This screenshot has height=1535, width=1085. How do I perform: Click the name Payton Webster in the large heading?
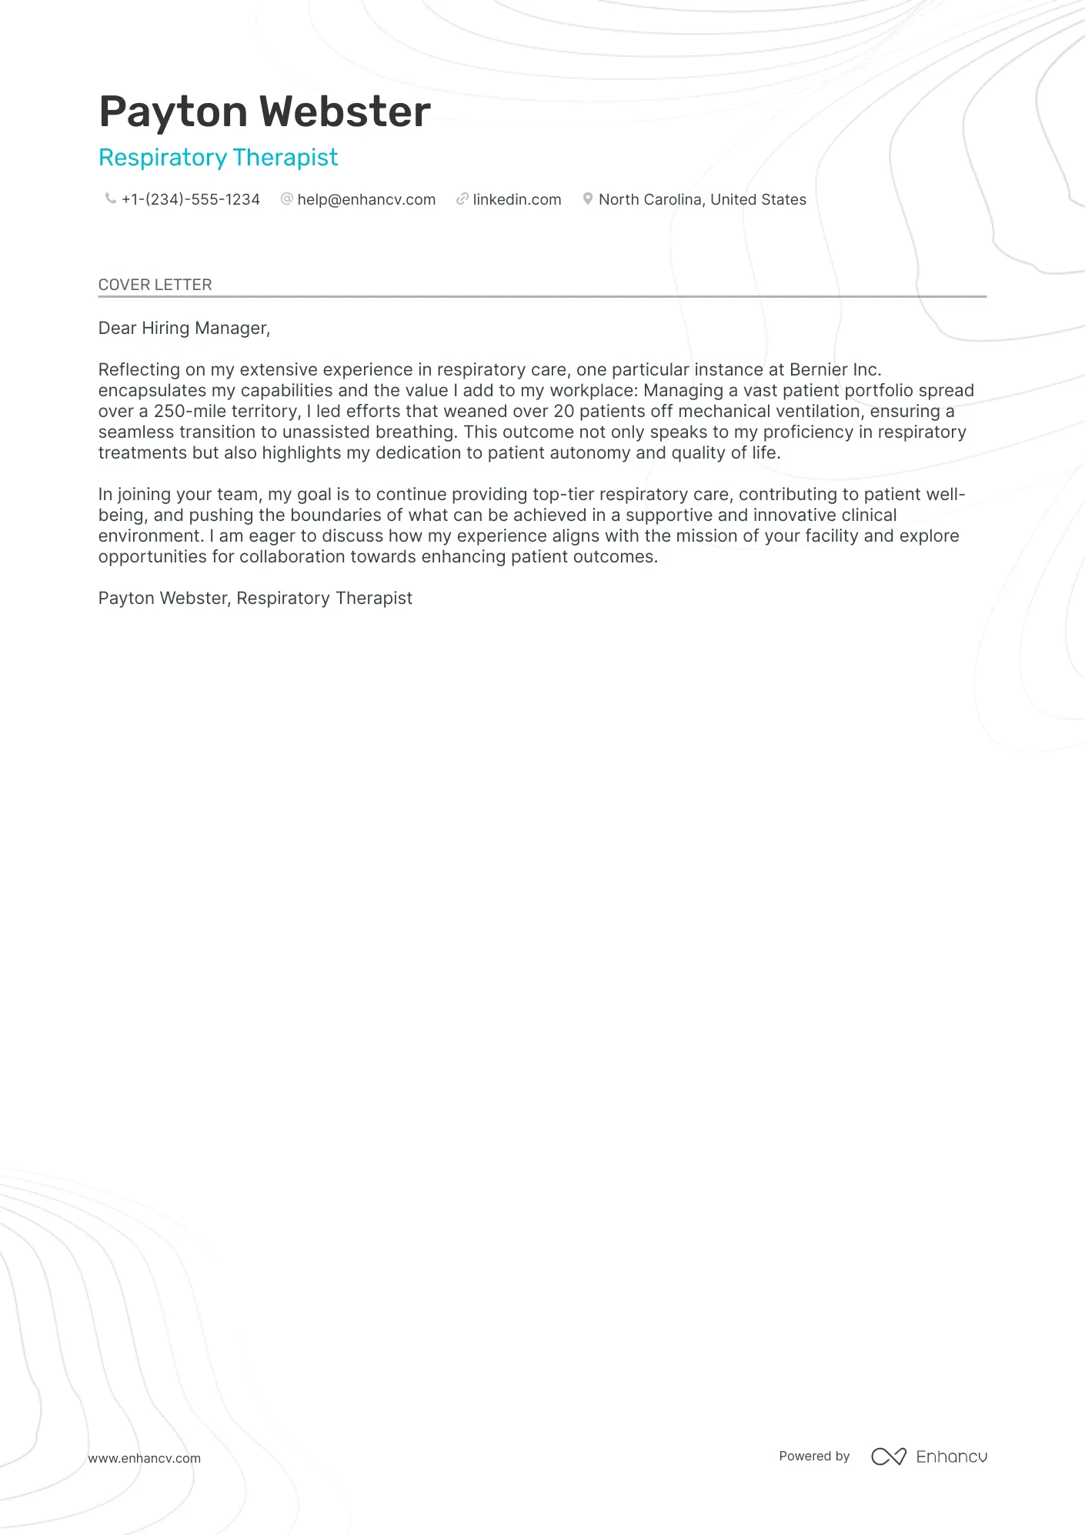(265, 112)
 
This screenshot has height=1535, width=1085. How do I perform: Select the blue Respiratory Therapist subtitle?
(219, 158)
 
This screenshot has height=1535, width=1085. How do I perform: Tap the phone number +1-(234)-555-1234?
(191, 200)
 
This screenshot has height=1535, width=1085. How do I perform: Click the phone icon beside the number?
(111, 199)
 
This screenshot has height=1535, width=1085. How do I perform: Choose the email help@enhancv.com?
(366, 200)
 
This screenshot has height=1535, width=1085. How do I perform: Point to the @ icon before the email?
(287, 199)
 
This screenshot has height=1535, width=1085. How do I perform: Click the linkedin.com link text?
(517, 200)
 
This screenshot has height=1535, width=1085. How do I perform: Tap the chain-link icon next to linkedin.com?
(462, 199)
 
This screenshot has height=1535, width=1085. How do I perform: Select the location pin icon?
(588, 199)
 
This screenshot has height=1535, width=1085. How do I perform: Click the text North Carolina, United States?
(703, 200)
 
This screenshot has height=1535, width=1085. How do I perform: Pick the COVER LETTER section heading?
(155, 285)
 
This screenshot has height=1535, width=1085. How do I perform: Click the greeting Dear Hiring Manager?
(185, 329)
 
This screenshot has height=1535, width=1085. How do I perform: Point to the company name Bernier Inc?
(835, 370)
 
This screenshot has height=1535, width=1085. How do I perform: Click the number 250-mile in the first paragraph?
(189, 412)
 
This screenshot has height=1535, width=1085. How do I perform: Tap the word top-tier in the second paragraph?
(564, 495)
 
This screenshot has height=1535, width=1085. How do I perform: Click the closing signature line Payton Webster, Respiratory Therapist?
(255, 599)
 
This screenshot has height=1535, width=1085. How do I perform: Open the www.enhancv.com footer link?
(145, 1458)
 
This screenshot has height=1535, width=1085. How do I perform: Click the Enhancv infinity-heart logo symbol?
(889, 1457)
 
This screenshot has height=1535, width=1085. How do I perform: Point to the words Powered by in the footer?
(814, 1457)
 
